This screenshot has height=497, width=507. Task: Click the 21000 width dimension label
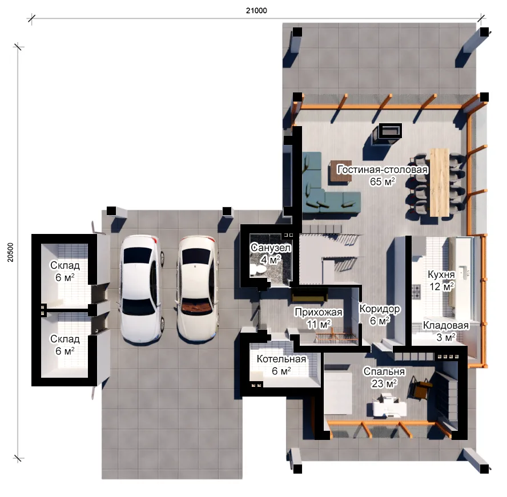(x=256, y=11)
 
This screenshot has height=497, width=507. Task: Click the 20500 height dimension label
(x=11, y=252)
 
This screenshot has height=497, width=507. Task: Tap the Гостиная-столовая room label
(x=382, y=169)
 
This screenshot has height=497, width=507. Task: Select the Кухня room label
(x=441, y=274)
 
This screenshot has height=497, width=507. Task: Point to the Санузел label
(x=271, y=248)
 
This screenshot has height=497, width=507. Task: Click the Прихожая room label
(x=318, y=312)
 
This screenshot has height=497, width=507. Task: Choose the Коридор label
(x=380, y=309)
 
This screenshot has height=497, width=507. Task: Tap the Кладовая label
(x=446, y=325)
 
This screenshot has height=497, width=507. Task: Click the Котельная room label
(x=281, y=359)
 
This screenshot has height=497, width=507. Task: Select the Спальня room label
(x=384, y=371)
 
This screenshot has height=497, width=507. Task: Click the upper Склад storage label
(x=65, y=265)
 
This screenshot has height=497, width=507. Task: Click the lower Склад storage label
(x=65, y=339)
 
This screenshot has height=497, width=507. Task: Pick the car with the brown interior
(x=197, y=288)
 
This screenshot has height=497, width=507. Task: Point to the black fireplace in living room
(x=391, y=131)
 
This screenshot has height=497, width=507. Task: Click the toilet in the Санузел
(x=257, y=269)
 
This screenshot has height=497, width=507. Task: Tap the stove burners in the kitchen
(x=416, y=291)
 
